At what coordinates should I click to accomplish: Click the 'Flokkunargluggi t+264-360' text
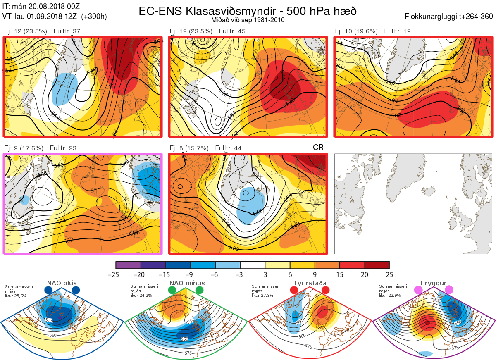click(450, 17)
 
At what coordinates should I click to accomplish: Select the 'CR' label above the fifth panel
click(318, 148)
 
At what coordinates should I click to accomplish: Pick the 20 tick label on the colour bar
click(365, 274)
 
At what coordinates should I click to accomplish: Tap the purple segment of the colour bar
click(128, 265)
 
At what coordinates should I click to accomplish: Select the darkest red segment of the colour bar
click(377, 265)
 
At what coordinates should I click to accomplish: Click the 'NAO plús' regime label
click(62, 283)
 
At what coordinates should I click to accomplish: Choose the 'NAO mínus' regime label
click(187, 283)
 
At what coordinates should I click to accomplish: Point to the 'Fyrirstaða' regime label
click(309, 283)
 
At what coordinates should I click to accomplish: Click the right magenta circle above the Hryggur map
click(449, 290)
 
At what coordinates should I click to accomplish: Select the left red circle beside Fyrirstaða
click(294, 290)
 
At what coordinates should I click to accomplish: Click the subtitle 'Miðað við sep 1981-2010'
click(248, 20)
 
